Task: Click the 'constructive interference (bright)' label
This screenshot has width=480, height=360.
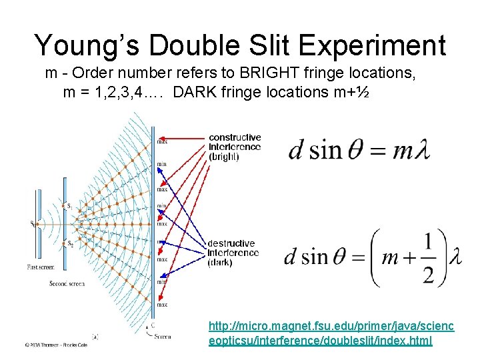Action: click(235, 147)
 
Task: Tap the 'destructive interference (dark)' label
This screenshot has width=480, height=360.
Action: click(233, 253)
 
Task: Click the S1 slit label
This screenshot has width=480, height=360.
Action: click(69, 206)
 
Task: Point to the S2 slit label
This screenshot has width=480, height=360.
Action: click(69, 244)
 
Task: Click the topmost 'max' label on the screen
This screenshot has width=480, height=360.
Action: click(162, 141)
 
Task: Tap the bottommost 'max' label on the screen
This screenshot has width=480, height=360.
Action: click(162, 305)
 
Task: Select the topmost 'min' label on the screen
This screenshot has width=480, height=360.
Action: click(162, 164)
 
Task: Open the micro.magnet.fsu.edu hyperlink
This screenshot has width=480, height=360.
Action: click(331, 333)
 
